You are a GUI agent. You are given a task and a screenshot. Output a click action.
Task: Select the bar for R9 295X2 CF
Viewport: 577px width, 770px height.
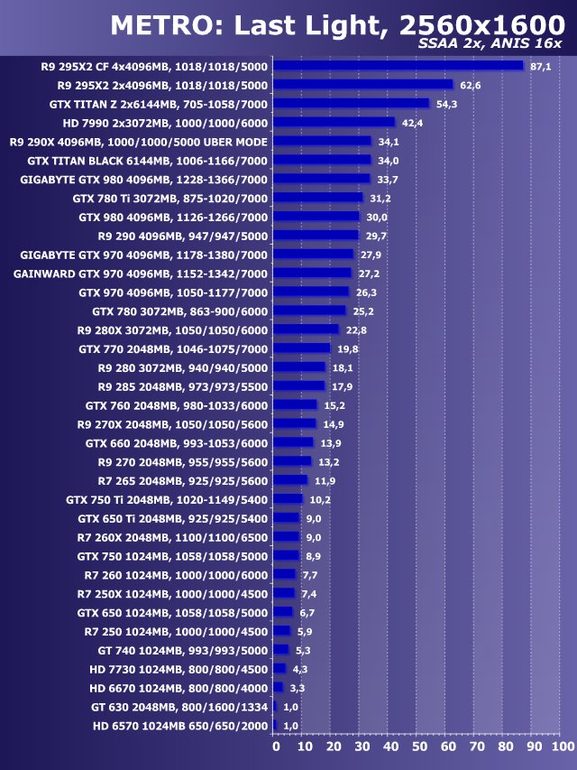point(398,66)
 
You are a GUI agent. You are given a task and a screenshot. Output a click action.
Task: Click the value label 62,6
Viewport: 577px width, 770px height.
point(471,85)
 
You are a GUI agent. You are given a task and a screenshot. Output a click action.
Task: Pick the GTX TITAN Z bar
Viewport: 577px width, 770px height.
point(351,103)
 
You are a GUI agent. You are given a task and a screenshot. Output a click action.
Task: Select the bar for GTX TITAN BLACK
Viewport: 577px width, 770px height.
point(322,160)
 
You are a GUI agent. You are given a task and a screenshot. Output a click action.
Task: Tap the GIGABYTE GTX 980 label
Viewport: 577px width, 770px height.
point(143,179)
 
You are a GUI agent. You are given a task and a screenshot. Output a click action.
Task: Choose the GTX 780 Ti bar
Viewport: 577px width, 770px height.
point(317,198)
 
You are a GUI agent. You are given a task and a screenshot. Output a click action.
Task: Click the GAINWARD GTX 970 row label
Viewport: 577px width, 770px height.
point(141,273)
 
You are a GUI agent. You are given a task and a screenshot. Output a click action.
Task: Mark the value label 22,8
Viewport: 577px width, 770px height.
point(356,329)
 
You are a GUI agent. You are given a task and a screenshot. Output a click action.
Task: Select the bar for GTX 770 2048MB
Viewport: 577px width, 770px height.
point(302,348)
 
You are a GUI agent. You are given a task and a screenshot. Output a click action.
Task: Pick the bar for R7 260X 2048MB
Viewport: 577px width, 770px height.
point(286,536)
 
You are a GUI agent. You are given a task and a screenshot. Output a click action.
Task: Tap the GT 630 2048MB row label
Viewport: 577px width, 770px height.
point(179,706)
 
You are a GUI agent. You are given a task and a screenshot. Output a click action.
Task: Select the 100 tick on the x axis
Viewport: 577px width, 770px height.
point(562,747)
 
